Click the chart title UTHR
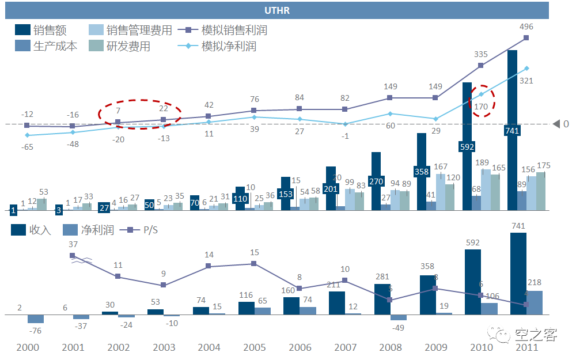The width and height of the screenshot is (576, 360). coord(276,11)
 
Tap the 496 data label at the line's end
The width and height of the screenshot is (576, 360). coord(526,26)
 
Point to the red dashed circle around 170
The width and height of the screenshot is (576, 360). coord(482,101)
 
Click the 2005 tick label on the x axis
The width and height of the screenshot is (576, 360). coord(254,347)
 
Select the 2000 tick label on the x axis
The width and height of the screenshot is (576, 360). coord(28,347)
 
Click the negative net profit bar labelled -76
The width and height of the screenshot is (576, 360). coord(36,319)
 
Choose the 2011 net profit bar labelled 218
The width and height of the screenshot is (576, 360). coord(535,302)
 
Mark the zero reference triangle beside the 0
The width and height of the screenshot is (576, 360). coord(556,124)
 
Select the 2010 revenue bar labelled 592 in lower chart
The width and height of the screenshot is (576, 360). coord(473,282)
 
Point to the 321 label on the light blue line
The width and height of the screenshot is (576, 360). coord(526,81)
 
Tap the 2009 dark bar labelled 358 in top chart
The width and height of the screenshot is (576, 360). coord(422,172)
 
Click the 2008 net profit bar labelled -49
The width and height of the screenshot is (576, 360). coord(399,317)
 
